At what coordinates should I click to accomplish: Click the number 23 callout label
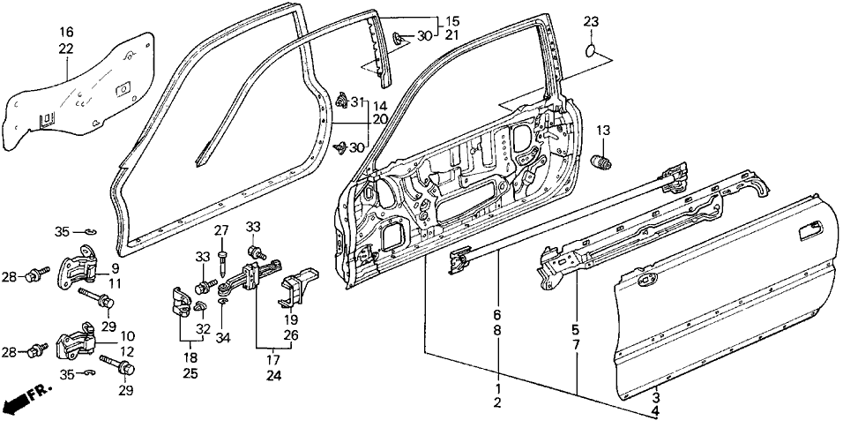[591, 22]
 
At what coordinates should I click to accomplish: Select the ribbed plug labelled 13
[603, 162]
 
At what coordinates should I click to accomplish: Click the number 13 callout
[603, 131]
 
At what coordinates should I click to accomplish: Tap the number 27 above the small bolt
[221, 231]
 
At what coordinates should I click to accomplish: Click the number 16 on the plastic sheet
[67, 33]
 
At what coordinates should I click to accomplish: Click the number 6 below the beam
[498, 313]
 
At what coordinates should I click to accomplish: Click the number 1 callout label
[498, 388]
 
